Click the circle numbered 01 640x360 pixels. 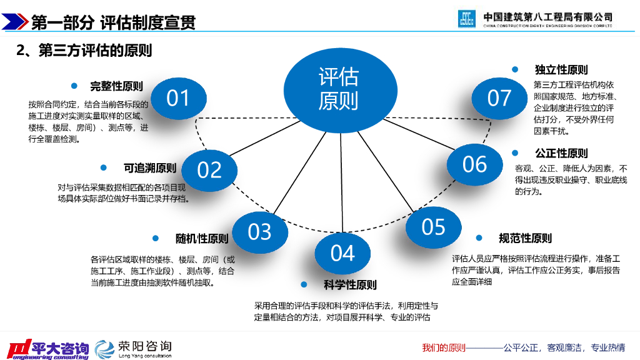[178, 98]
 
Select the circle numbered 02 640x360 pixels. [210, 170]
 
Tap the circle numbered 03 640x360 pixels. [259, 232]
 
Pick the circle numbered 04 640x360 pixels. [342, 253]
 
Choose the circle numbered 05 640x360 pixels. [433, 227]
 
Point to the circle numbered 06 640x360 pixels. [475, 164]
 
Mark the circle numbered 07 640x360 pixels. [499, 98]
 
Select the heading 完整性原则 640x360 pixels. [116, 87]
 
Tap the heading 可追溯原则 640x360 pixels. [150, 168]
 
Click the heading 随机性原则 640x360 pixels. [201, 239]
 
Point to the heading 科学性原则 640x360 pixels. [350, 285]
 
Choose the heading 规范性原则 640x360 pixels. [525, 238]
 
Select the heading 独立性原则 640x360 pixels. [561, 69]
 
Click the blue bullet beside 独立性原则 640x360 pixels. [515, 69]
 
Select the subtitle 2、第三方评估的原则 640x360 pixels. [84, 51]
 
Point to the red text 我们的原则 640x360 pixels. [444, 347]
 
